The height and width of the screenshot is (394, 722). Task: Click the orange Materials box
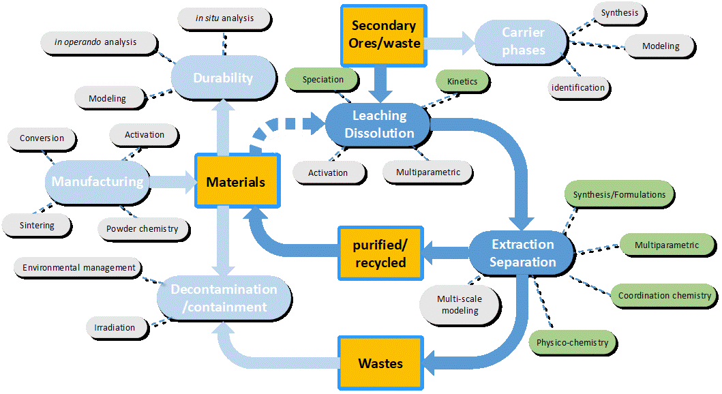236,182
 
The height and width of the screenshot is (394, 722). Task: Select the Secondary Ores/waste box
384,35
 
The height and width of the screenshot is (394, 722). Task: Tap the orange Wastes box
380,363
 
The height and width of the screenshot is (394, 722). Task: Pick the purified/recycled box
380,253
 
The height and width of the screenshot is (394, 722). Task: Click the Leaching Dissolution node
379,124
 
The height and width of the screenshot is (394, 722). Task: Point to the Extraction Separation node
523,253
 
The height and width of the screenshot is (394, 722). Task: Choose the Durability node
223,78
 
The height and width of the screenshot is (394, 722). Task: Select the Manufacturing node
97,182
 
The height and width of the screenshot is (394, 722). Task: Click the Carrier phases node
523,41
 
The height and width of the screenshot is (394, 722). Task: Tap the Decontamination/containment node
224,298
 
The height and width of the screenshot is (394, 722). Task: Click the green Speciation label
322,79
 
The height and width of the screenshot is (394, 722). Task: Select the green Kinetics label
462,81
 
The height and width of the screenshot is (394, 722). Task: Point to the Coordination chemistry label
664,296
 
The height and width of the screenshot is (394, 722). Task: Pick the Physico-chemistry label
572,342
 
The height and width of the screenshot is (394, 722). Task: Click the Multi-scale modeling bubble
460,304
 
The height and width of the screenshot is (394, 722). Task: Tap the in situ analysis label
223,18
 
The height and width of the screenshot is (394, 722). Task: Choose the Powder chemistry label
142,228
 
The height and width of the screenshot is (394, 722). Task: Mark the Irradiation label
115,327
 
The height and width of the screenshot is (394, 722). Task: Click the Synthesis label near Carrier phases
618,12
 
